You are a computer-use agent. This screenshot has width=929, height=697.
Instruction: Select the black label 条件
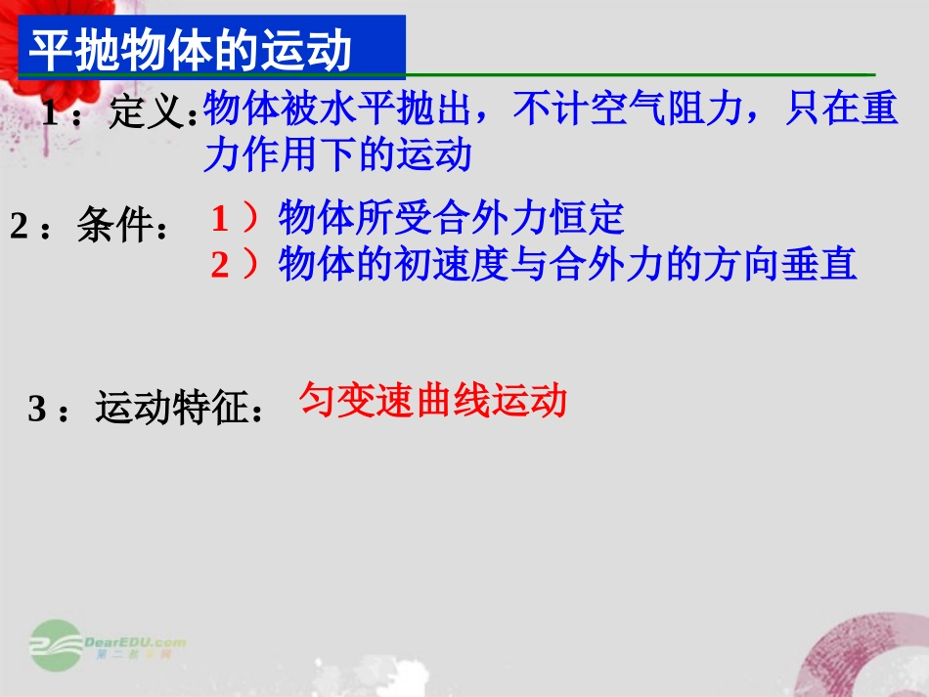(119, 227)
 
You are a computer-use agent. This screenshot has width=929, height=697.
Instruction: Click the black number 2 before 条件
(20, 227)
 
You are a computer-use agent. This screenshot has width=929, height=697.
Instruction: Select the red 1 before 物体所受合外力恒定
(220, 219)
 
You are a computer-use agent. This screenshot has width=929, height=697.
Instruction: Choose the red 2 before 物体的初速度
(220, 265)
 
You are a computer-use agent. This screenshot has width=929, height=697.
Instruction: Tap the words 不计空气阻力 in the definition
(631, 110)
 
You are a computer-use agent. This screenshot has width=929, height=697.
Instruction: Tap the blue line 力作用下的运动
(337, 155)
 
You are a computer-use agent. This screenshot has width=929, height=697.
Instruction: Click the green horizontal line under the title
(636, 74)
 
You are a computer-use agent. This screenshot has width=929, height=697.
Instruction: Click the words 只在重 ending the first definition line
(842, 110)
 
